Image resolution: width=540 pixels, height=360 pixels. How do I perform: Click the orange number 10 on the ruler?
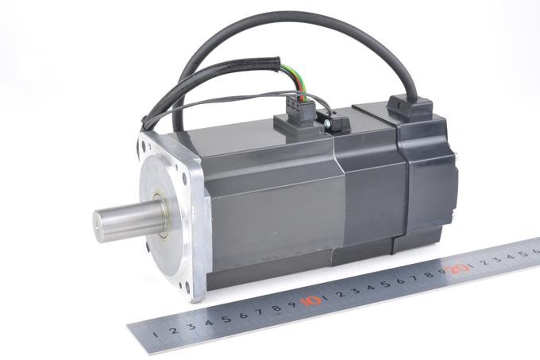coord(310,300)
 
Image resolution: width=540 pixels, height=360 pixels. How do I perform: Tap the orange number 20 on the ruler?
coord(457,269)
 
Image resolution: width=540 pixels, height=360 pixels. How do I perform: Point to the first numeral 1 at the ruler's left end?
coord(156,334)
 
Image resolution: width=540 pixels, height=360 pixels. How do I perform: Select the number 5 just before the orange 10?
coord(226,319)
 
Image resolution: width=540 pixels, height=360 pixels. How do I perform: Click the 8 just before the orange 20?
coord(429,274)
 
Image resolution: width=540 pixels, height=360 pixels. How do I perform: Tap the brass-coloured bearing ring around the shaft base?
coord(161,215)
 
